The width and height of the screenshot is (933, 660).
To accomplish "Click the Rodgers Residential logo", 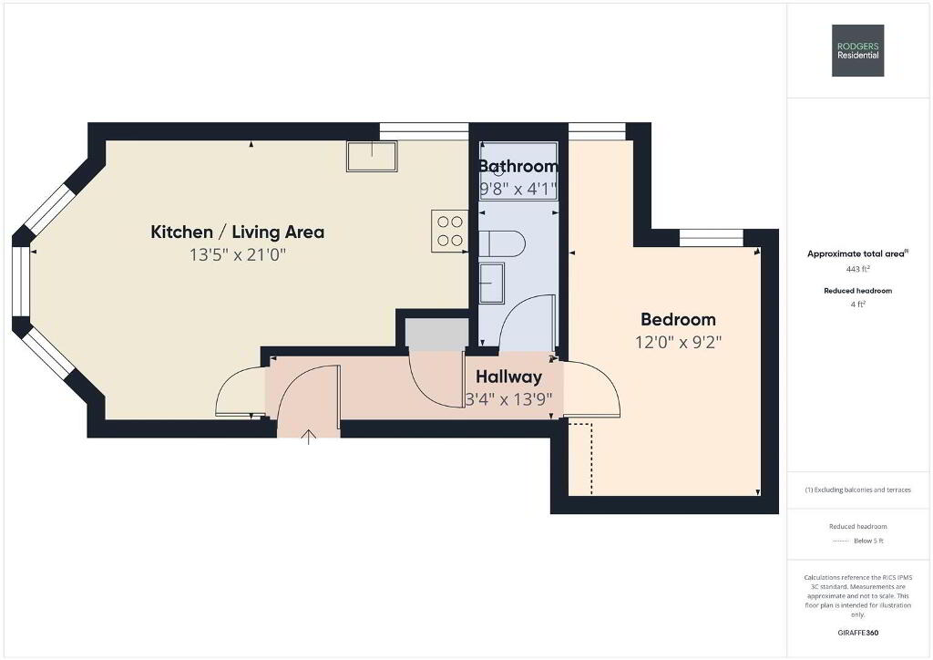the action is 857,50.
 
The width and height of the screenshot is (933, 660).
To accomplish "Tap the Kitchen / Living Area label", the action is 238,232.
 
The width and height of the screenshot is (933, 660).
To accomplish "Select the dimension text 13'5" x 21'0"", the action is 238,254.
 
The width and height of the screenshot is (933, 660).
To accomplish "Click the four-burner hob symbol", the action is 450,231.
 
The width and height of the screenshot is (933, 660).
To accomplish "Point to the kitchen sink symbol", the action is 372,157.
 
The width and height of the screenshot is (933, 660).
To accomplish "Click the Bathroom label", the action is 518,166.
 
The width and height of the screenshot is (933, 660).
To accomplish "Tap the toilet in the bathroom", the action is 503,243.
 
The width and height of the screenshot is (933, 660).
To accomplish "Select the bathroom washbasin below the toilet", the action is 492,283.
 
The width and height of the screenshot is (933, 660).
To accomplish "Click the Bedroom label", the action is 678,320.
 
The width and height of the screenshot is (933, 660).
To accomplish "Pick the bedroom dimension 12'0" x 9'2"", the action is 678,342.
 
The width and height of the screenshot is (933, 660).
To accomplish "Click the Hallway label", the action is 508,376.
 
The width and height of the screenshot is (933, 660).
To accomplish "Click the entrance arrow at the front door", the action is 308,437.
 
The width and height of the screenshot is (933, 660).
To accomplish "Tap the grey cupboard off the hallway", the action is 436,335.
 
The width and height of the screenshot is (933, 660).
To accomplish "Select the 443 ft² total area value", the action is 858,269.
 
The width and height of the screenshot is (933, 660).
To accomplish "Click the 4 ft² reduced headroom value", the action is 858,304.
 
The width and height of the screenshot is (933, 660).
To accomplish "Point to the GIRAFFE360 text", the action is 858,633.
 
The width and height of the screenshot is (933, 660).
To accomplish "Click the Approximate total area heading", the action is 857,253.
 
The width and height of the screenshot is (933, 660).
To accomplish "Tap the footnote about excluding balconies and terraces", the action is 858,490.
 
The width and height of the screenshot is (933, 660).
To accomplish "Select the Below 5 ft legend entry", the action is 868,541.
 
